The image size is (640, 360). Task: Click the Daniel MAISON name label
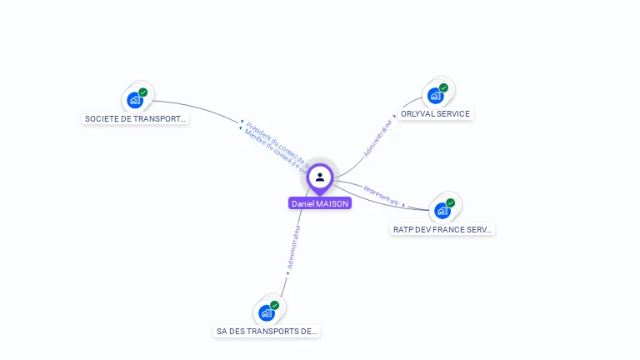(320, 203)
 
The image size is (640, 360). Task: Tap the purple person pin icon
(320, 177)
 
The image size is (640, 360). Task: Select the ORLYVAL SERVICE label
(434, 114)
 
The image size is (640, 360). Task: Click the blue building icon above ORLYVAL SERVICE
(435, 96)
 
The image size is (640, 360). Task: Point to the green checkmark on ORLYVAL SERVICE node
(443, 87)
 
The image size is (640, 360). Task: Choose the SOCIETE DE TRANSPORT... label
(135, 119)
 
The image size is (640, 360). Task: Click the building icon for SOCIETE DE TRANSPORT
(135, 101)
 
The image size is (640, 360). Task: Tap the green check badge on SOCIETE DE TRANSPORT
(143, 92)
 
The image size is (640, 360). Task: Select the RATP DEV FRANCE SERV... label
(442, 229)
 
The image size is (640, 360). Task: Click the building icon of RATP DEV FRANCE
(442, 211)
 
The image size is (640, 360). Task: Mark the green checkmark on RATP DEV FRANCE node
(451, 202)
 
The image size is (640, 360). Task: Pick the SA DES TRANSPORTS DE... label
(267, 332)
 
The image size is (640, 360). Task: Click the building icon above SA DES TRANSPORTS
(267, 313)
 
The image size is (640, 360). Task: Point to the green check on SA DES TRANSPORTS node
(275, 305)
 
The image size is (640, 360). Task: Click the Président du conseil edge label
(276, 141)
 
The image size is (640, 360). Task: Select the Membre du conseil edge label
(272, 147)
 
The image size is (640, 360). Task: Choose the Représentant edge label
(381, 197)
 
